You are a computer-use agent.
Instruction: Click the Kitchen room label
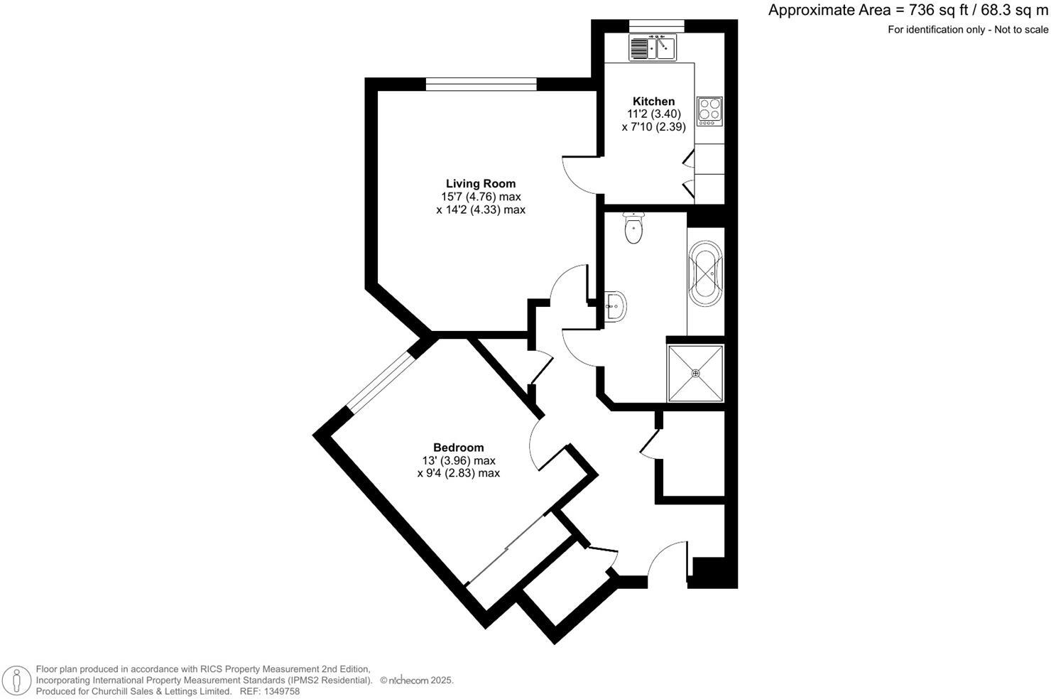point(653,102)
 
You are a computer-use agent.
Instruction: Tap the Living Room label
point(480,184)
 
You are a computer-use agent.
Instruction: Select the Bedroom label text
point(458,448)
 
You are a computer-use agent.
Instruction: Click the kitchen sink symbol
point(653,48)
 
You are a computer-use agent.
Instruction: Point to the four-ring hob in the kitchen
point(709,112)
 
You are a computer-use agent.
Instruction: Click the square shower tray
point(695,373)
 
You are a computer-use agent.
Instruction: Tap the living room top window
point(481,84)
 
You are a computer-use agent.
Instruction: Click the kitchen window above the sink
point(656,27)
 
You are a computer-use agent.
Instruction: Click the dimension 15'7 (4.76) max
point(481,197)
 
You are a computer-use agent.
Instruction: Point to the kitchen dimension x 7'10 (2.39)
point(653,127)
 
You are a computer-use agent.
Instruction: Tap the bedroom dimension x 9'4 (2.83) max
point(458,473)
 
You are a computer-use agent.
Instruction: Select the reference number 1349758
point(281,691)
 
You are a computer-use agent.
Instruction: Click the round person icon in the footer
point(16,679)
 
